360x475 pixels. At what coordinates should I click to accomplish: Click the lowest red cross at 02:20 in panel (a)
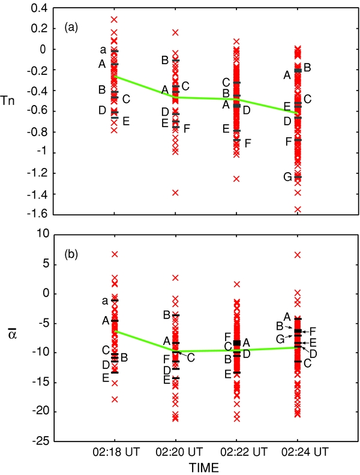(x=175, y=193)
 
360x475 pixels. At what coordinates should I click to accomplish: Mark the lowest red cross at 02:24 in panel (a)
(x=298, y=209)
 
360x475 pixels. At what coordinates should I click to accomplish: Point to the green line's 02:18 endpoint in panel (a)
(x=114, y=77)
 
